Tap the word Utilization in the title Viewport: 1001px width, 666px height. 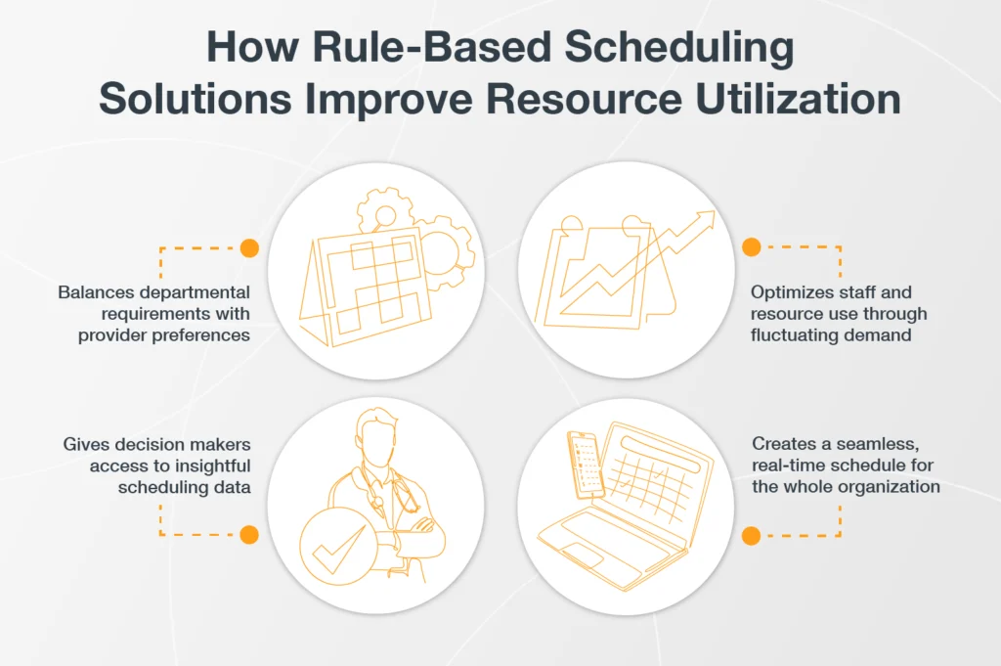798,99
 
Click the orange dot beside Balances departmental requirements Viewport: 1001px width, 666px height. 249,247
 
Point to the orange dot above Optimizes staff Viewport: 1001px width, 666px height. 752,247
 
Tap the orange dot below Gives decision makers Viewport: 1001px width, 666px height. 249,534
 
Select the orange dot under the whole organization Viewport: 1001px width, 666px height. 752,535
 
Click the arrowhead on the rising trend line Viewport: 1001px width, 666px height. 704,220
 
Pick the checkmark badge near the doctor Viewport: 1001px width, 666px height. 338,546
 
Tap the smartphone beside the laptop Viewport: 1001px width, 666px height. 586,465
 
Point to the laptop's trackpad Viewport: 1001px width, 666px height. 579,555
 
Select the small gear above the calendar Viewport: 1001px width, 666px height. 384,210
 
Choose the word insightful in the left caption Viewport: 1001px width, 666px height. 212,466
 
